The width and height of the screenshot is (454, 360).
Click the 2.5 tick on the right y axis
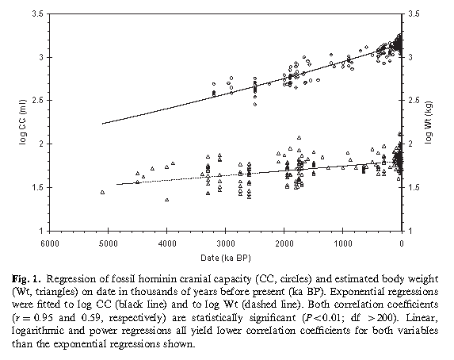coord(414,101)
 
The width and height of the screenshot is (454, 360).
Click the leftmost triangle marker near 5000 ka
coord(102,192)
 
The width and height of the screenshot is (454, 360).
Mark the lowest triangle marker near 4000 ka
coord(167,200)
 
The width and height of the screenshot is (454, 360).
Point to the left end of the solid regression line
coord(103,124)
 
